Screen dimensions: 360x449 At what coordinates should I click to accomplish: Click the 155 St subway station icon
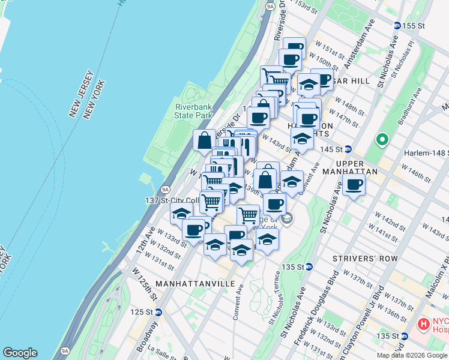[397, 26]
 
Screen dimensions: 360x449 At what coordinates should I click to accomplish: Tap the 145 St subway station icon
[348, 149]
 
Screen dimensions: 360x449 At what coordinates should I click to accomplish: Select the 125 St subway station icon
[158, 312]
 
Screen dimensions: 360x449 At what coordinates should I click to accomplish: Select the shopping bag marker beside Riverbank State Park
[204, 140]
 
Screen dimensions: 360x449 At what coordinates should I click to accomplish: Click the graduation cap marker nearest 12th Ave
[181, 213]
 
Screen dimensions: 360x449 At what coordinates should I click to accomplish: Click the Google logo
[20, 353]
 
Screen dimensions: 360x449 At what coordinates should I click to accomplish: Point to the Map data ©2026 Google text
[412, 355]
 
